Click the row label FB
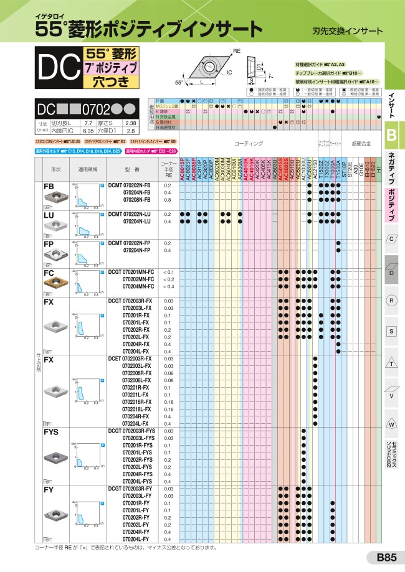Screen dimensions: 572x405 [48, 186]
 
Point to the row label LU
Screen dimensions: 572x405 [48, 215]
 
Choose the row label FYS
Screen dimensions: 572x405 [51, 431]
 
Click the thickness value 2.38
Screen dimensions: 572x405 [131, 123]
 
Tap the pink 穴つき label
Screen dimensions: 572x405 [108, 82]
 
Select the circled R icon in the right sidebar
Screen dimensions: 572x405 [392, 300]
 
